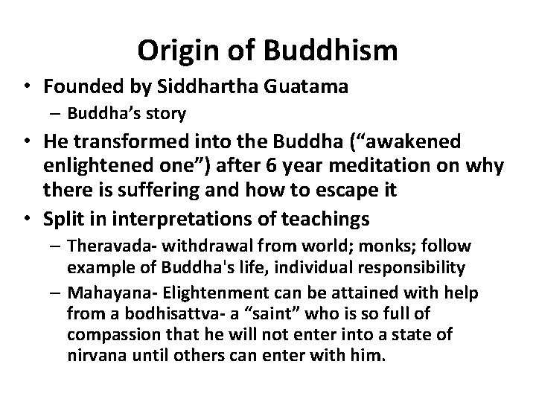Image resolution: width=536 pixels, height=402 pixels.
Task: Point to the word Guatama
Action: click(315, 87)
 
